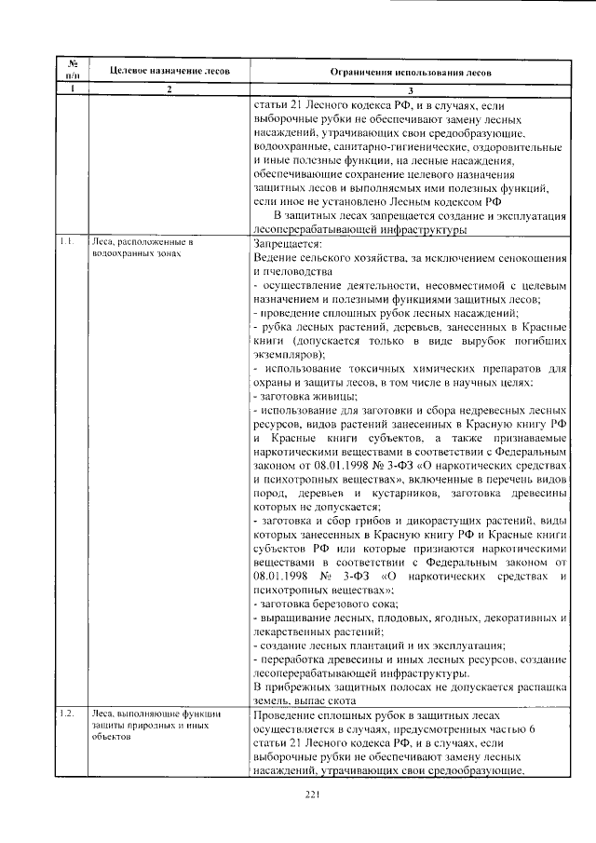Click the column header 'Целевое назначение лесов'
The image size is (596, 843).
tap(162, 72)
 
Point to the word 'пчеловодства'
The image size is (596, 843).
tap(297, 269)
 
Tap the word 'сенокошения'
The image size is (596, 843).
tap(530, 255)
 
